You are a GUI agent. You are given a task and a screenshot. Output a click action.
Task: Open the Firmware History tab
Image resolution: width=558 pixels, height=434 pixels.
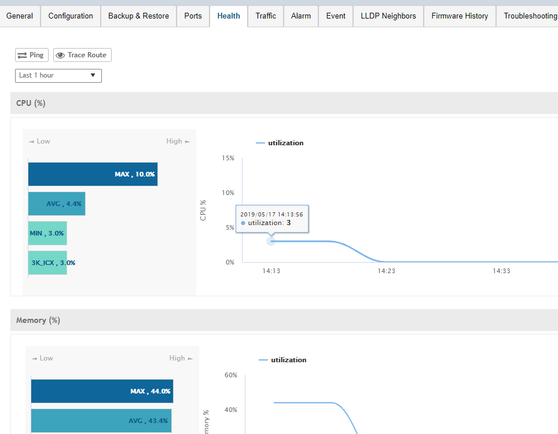coord(460,16)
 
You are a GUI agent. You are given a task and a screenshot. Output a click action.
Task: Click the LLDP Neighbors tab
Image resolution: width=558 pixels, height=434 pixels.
coord(388,16)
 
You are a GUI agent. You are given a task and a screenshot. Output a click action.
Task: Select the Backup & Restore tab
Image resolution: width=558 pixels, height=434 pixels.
coord(138,16)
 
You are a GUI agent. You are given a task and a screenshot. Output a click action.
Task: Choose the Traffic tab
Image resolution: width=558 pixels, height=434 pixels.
coord(266,16)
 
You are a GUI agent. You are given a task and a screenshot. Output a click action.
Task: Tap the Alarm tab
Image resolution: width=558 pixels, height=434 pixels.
coord(301,16)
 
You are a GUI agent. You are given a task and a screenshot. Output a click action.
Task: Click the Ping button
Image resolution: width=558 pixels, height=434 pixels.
coord(31,55)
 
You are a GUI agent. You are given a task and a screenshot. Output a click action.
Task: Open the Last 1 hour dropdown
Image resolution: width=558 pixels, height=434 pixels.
coord(58,76)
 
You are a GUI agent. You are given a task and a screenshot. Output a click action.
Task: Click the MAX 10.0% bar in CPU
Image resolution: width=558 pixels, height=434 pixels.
coord(93,174)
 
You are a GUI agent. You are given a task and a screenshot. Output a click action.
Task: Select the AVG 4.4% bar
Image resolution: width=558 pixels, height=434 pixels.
coord(57,204)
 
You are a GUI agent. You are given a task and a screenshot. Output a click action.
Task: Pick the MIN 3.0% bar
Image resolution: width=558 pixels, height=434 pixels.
coord(47,233)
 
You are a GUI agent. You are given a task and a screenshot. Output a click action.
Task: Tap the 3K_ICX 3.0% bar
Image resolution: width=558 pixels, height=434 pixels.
coord(47,263)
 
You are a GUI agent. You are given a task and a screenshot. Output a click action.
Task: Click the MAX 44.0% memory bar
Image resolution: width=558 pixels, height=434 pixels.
coord(102,391)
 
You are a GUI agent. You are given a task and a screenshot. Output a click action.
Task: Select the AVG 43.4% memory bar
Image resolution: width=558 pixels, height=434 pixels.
coord(101,421)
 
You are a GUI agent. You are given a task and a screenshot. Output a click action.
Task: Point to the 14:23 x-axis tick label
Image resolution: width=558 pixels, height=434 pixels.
coord(386,271)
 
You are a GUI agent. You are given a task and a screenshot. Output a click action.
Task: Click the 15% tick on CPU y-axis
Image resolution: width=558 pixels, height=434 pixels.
coord(228,158)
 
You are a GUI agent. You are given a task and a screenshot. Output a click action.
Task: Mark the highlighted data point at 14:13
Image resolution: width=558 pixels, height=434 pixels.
coord(271,241)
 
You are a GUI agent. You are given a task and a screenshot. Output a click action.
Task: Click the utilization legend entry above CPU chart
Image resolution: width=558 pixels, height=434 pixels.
coord(280,143)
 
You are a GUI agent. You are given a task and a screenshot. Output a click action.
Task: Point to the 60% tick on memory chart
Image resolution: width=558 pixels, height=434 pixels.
coord(230,375)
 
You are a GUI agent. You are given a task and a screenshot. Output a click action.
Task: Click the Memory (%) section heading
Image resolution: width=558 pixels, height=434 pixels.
coord(38,320)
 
